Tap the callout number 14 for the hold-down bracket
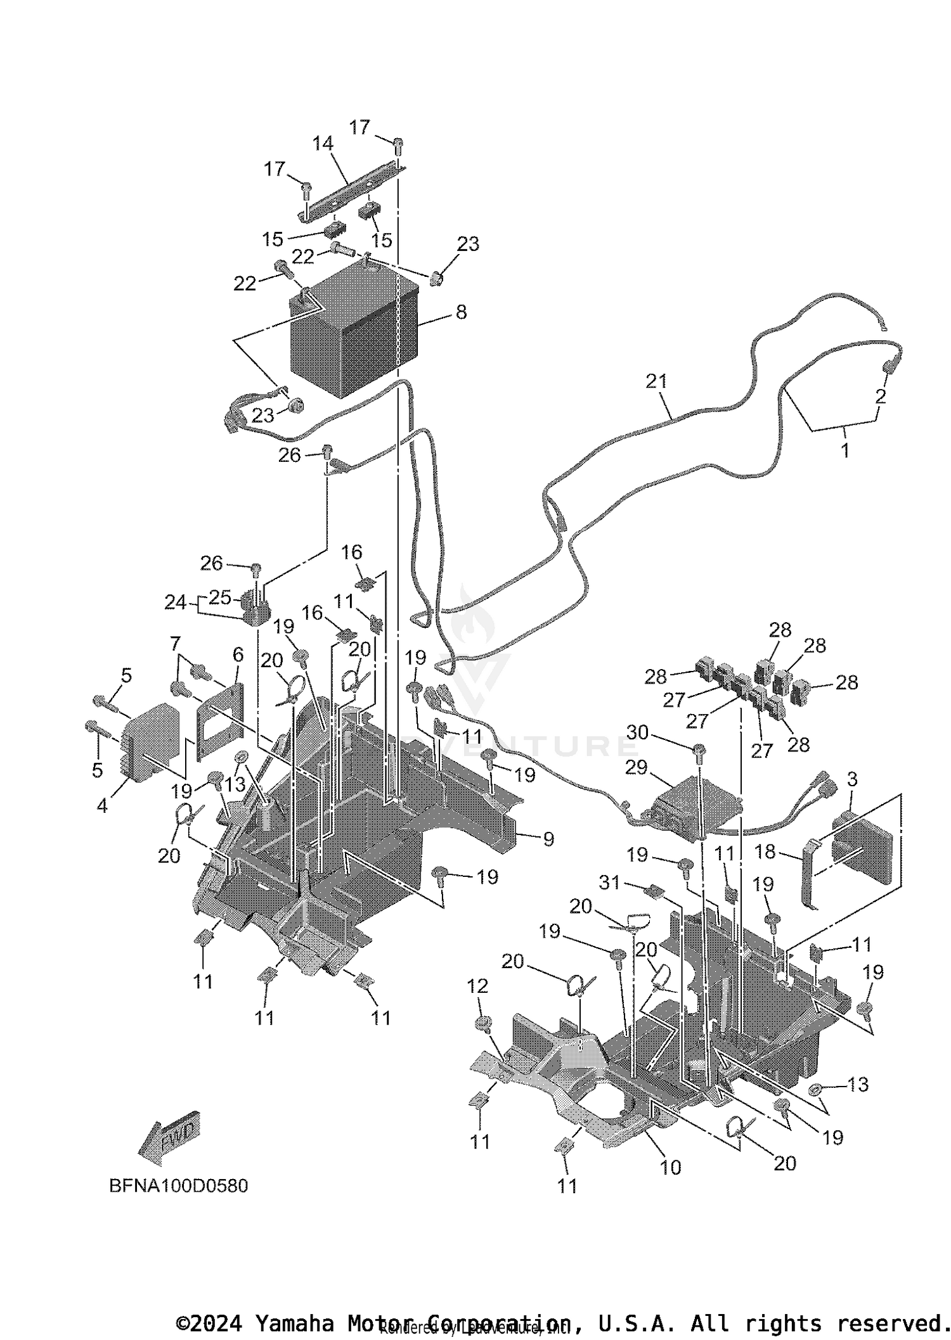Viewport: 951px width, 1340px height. pos(323,144)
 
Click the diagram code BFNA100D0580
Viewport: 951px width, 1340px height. pos(179,1186)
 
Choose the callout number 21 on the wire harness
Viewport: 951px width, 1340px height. pos(657,381)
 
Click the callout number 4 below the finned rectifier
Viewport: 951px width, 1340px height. pos(102,807)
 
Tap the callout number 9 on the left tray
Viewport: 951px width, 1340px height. pos(548,839)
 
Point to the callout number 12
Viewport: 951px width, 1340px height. pos(477,986)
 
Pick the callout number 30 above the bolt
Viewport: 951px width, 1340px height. pos(637,732)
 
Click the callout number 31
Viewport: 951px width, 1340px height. pos(609,882)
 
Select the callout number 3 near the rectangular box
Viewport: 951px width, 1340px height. pos(851,779)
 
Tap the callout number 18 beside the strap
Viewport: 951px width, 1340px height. pos(765,852)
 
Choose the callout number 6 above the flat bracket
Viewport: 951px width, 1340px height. pos(238,654)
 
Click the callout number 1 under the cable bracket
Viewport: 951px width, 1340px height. pos(844,450)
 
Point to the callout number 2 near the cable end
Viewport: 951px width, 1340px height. pos(880,397)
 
